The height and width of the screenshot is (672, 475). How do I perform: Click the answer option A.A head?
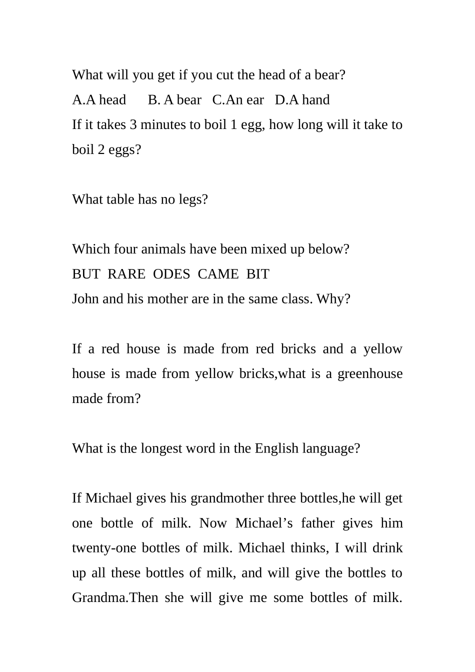tap(99, 100)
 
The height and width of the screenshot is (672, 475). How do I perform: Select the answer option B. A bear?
tap(174, 100)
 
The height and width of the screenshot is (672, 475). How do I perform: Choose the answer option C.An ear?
tap(238, 100)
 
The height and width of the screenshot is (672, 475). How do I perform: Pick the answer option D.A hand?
tap(302, 100)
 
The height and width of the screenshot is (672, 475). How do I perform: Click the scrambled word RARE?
tap(126, 274)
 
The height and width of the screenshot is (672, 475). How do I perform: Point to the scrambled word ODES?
tap(171, 274)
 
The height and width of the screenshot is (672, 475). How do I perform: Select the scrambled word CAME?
tap(218, 274)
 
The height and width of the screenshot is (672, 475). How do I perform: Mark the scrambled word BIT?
tap(258, 274)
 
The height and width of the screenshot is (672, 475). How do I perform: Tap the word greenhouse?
tap(370, 374)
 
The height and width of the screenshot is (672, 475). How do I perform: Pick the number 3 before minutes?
tap(133, 124)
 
